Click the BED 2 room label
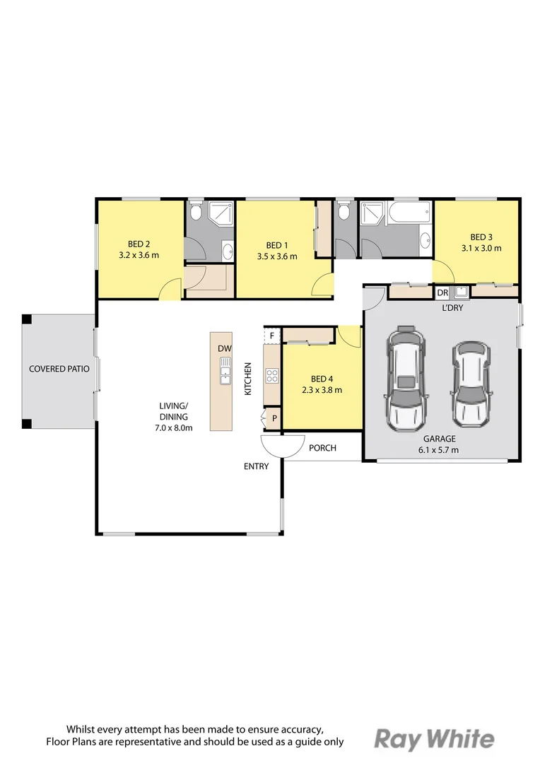point(139,244)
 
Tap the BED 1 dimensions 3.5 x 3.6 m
point(277,256)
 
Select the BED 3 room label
point(481,237)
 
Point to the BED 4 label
point(322,379)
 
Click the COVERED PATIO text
point(59,369)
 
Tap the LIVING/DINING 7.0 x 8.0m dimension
point(174,428)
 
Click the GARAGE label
point(439,439)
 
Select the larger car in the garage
point(406,378)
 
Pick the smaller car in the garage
point(470,382)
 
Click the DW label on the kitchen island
point(225,348)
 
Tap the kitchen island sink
point(225,370)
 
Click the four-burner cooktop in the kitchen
point(271,376)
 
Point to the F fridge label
point(272,336)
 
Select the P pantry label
point(275,418)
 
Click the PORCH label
point(322,448)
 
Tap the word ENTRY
point(256,466)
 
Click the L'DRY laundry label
point(452,307)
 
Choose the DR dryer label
point(442,293)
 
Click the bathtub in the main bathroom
point(409,213)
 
